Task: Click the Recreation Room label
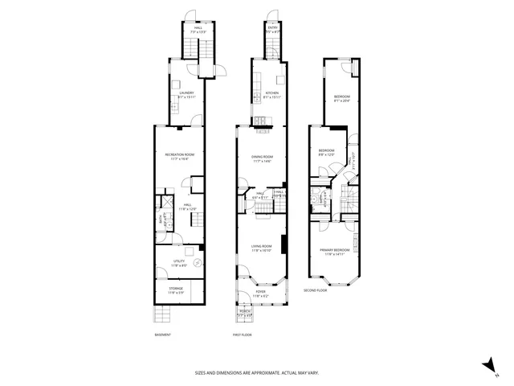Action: tap(180, 155)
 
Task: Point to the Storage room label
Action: tap(176, 289)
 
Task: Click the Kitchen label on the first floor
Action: tap(271, 94)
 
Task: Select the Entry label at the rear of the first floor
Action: tap(271, 28)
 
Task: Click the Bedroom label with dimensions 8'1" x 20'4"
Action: tap(341, 99)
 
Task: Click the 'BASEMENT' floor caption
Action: tap(163, 335)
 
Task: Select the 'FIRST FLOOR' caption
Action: tap(242, 335)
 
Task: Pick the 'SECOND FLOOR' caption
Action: tap(316, 290)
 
